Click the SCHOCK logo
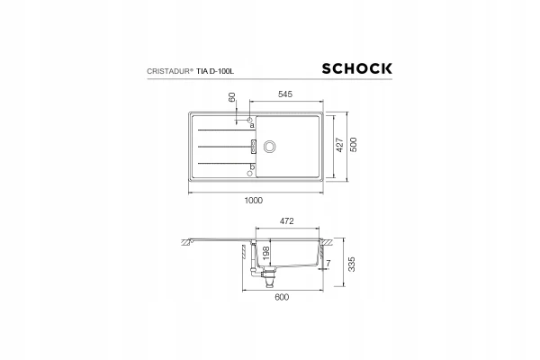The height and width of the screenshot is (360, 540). pyautogui.click(x=356, y=68)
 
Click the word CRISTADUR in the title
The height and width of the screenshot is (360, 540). pyautogui.click(x=168, y=71)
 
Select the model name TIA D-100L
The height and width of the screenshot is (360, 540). pyautogui.click(x=215, y=71)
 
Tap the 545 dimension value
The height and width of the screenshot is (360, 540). pyautogui.click(x=285, y=94)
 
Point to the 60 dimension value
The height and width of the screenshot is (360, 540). pyautogui.click(x=231, y=97)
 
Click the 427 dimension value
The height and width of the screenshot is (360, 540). pyautogui.click(x=339, y=145)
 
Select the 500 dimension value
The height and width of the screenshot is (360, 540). pyautogui.click(x=354, y=145)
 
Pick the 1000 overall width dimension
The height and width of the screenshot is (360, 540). pyautogui.click(x=254, y=200)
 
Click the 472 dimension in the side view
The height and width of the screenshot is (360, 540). pyautogui.click(x=286, y=220)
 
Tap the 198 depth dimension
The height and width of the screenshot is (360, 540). pyautogui.click(x=265, y=254)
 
